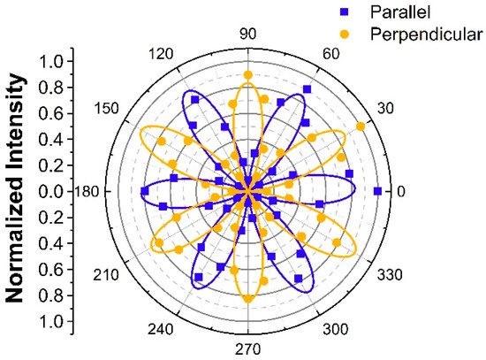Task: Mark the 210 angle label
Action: click(x=107, y=275)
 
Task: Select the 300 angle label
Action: click(x=330, y=330)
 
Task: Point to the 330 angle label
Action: click(x=385, y=275)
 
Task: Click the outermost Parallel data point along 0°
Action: click(x=378, y=191)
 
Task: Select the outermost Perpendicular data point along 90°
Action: click(x=248, y=75)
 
